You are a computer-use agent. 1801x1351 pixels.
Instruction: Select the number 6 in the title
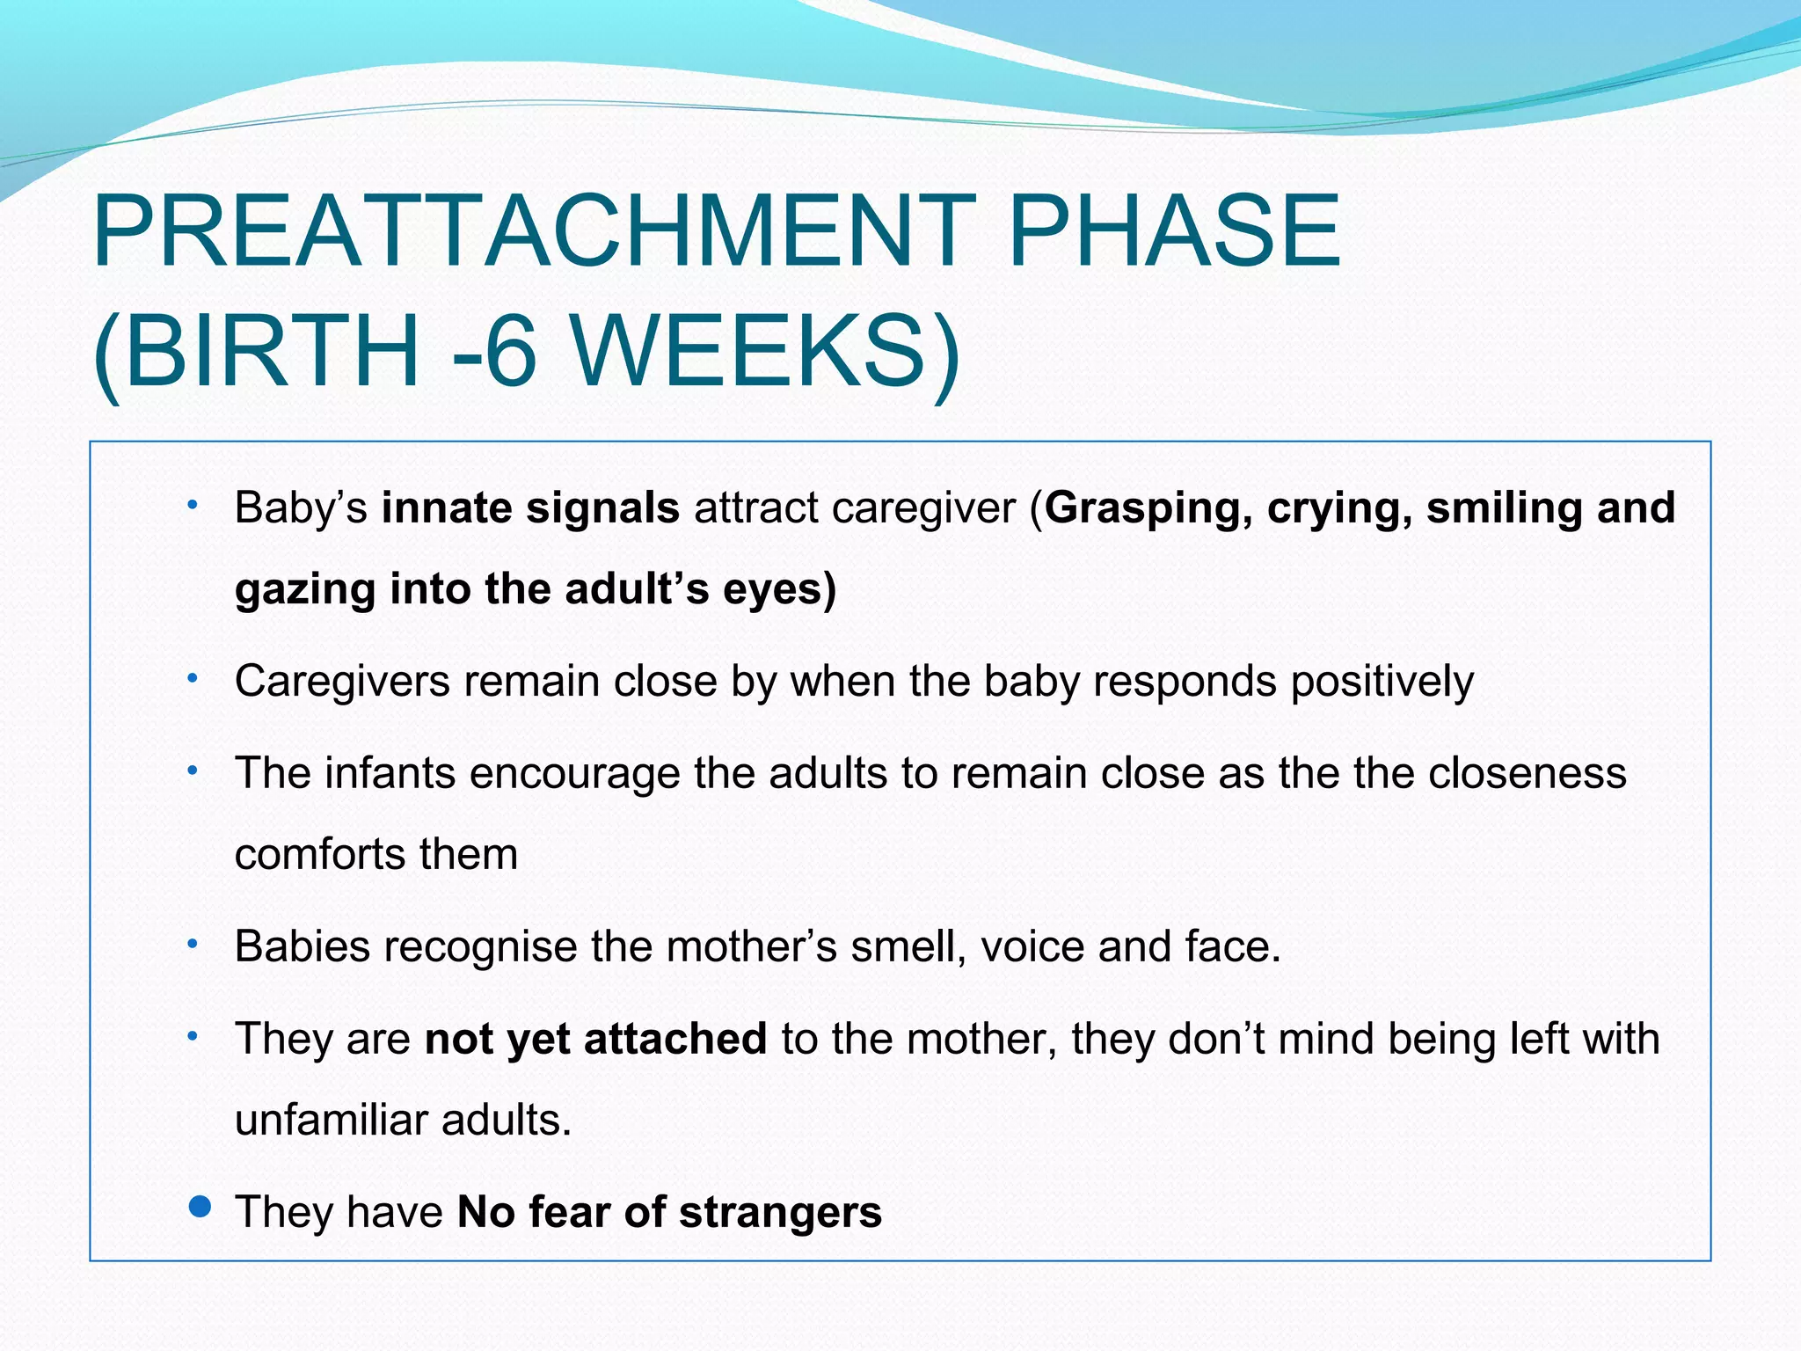(510, 352)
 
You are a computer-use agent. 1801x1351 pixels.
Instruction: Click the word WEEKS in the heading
(765, 352)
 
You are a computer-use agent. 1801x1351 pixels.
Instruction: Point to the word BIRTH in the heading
(273, 352)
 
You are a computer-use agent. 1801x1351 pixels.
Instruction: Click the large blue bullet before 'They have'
(201, 1206)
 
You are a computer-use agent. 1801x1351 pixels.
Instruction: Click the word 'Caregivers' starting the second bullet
(342, 682)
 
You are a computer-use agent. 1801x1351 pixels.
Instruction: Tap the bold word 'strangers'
(780, 1212)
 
